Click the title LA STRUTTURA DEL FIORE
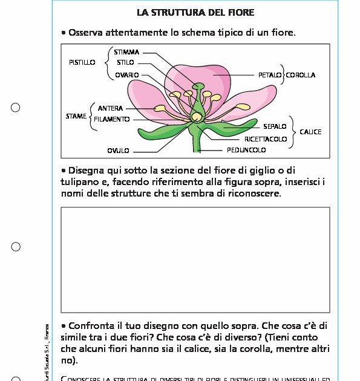pos(195,12)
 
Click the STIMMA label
pos(126,53)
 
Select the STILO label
pos(126,62)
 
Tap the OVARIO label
pos(127,75)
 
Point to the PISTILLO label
pos(82,62)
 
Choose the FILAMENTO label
pos(111,119)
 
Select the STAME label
pos(76,116)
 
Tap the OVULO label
pos(119,150)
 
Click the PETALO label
pos(270,75)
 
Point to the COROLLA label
pos(301,75)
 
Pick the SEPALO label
pos(275,127)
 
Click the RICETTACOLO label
pos(266,139)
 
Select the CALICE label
pos(310,132)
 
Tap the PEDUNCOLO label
pos(246,150)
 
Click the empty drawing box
pos(195,259)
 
